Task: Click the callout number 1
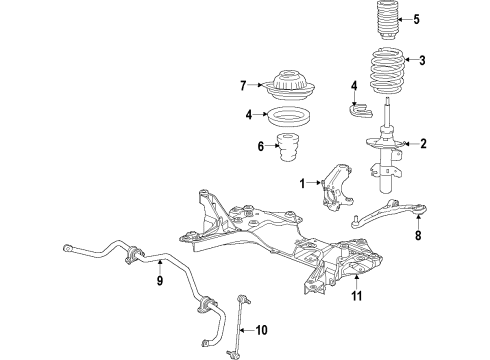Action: (x=301, y=183)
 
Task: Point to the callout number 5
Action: (x=417, y=18)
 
